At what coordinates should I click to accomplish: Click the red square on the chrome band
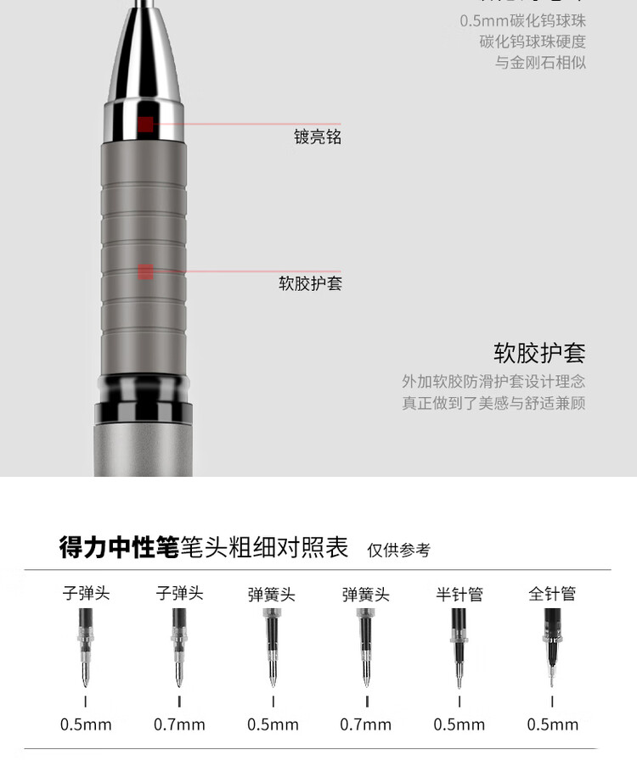[x=145, y=125]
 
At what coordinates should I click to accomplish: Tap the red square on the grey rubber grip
[x=145, y=272]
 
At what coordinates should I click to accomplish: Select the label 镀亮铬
[x=318, y=137]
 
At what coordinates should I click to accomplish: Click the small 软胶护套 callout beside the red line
[x=310, y=283]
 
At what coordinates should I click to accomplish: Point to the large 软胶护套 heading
[x=539, y=353]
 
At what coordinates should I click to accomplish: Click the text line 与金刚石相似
[x=540, y=63]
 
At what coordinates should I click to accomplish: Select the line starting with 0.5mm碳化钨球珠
[x=522, y=20]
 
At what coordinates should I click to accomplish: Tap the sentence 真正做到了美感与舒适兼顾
[x=493, y=404]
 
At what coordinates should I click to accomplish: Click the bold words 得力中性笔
[x=119, y=547]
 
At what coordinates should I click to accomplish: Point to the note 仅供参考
[x=398, y=551]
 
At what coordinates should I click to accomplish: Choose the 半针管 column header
[x=459, y=594]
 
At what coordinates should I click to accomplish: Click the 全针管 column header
[x=552, y=594]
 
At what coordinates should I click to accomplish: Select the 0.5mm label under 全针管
[x=552, y=724]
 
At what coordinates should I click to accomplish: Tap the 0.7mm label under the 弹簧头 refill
[x=366, y=724]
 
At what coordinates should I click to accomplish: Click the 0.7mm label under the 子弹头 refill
[x=179, y=724]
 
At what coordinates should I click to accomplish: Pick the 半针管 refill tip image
[x=459, y=649]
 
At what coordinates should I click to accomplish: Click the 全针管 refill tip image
[x=552, y=649]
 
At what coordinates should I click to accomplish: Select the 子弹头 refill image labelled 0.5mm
[x=85, y=649]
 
